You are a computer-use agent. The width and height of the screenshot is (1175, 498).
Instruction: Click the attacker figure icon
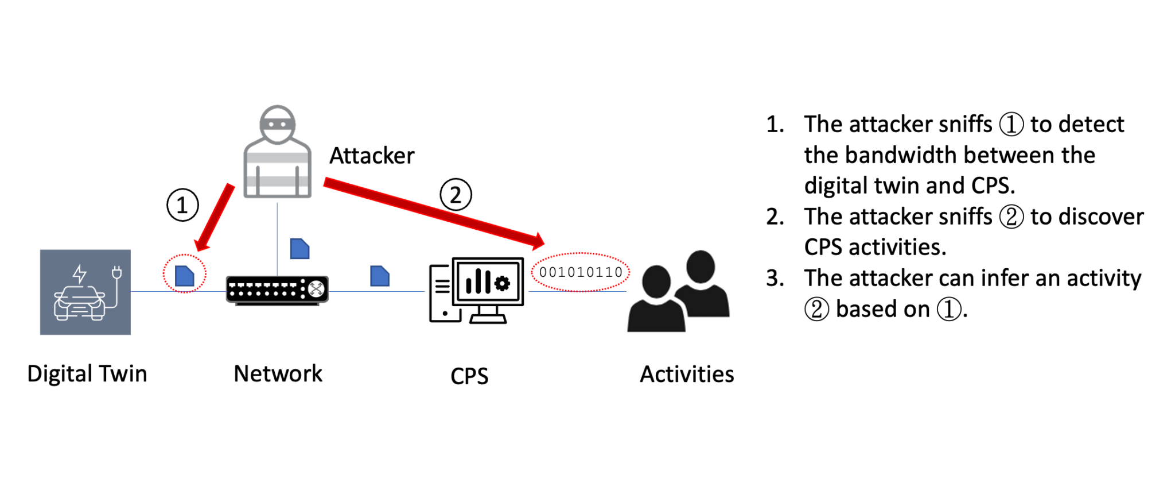[278, 152]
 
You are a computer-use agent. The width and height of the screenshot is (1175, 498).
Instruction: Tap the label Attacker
[372, 156]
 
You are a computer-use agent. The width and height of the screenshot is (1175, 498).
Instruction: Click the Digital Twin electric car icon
[85, 292]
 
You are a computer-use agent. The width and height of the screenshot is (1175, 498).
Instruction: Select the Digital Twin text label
[87, 373]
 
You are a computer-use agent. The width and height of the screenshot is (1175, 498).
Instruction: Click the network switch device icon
[277, 290]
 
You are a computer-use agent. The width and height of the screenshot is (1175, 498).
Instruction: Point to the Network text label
[278, 373]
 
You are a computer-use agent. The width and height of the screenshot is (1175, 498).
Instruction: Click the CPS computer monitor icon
[477, 290]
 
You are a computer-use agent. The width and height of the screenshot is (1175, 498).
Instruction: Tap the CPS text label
[469, 376]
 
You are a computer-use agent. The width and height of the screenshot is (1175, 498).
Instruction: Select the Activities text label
[687, 374]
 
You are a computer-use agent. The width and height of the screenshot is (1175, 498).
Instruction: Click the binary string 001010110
[581, 272]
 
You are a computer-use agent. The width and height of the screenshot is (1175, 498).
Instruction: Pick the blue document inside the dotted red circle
[184, 276]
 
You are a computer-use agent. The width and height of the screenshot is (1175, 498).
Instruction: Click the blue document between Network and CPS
[380, 276]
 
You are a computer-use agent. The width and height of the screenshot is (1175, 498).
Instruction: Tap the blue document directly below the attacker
[299, 249]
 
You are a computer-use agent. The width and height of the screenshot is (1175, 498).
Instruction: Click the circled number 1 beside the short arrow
[182, 205]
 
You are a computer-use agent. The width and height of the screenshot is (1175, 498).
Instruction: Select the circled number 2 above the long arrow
[456, 195]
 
